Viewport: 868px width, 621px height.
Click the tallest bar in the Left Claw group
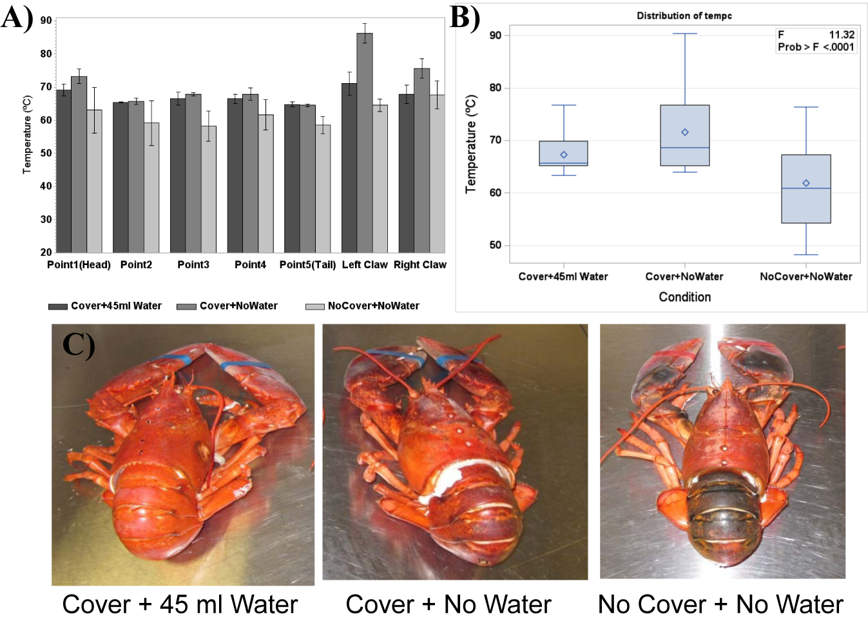pyautogui.click(x=364, y=143)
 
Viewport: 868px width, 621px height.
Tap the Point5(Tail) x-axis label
pyautogui.click(x=307, y=264)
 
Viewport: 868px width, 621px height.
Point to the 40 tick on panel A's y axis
pyautogui.click(x=46, y=186)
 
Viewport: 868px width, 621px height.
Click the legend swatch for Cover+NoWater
pyautogui.click(x=186, y=306)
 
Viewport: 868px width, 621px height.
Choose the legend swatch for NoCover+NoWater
pyautogui.click(x=314, y=306)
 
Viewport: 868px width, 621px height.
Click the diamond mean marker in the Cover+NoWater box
pyautogui.click(x=685, y=132)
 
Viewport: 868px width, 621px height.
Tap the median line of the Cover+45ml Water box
pyautogui.click(x=563, y=163)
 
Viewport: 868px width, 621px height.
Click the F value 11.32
pyautogui.click(x=841, y=35)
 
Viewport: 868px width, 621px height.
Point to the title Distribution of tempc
pyautogui.click(x=684, y=15)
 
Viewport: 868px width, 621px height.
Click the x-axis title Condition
pyautogui.click(x=684, y=297)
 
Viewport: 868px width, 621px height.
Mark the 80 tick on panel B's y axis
pyautogui.click(x=495, y=88)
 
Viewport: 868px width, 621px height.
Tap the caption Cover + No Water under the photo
pyautogui.click(x=448, y=604)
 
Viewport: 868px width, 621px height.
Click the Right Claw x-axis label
pyautogui.click(x=420, y=264)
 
